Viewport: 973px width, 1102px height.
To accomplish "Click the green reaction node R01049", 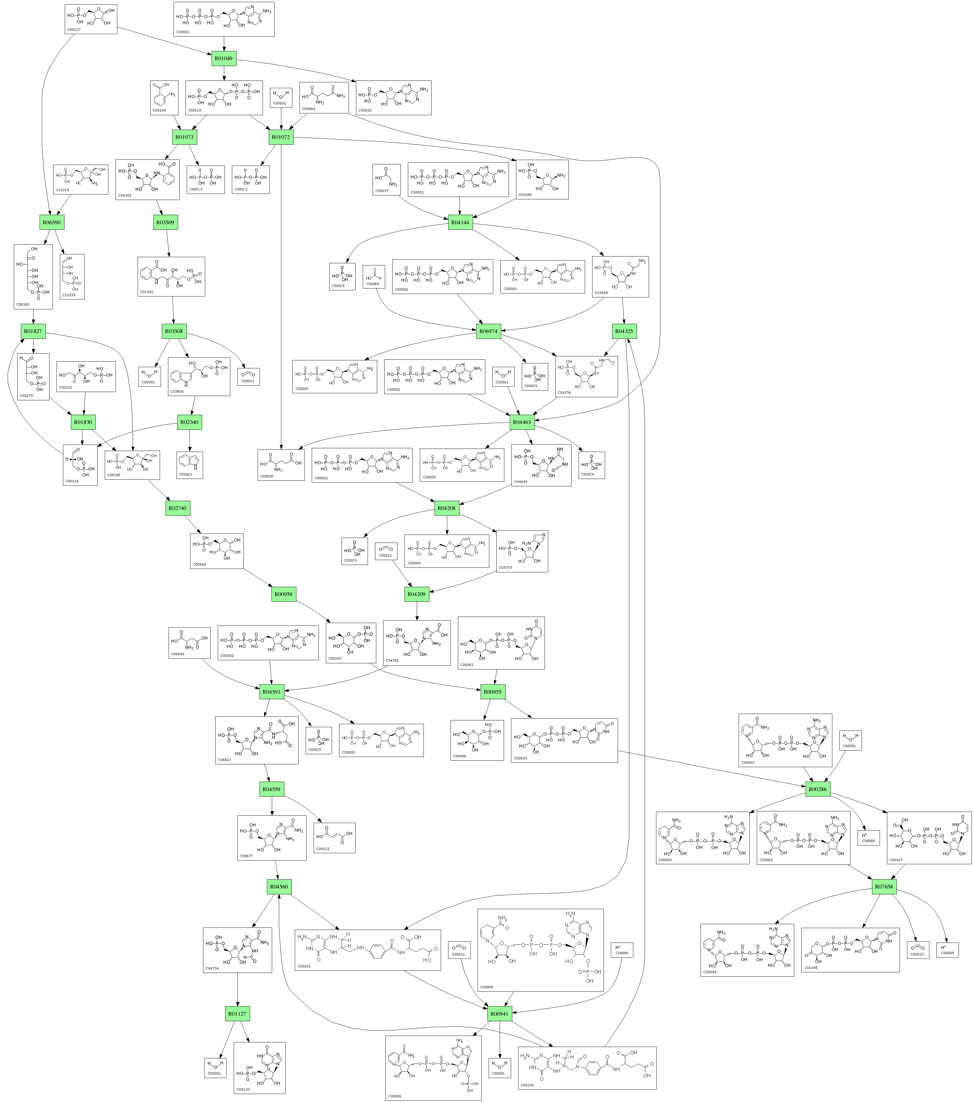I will coord(224,58).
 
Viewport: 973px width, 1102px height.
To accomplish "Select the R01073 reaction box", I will coord(184,137).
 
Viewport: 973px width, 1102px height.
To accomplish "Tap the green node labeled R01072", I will coord(280,137).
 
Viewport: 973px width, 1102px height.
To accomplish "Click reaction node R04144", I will coord(460,222).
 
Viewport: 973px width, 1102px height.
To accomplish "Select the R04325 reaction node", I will coord(624,331).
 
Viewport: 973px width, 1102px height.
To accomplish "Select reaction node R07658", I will coord(884,886).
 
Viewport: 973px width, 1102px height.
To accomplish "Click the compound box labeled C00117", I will coord(91,19).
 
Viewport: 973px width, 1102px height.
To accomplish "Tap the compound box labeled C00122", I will coord(334,837).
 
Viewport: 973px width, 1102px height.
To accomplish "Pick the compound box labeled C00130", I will coord(259,1068).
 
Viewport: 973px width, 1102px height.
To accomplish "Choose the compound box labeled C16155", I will coord(850,950).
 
